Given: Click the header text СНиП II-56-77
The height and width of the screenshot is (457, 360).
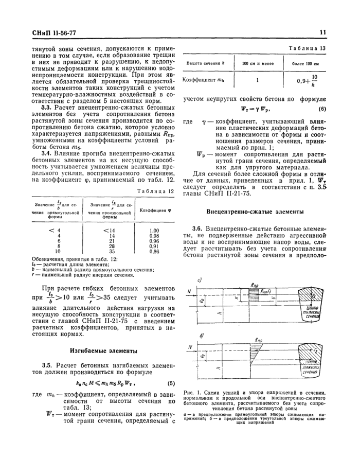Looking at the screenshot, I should [54, 32].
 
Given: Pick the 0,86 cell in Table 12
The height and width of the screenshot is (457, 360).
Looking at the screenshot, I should [153, 252].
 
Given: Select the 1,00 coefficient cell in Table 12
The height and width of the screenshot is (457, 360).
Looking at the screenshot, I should [153, 231].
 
